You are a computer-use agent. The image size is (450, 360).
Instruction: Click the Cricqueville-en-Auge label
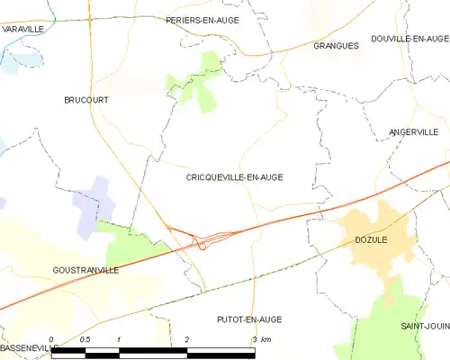click(234, 177)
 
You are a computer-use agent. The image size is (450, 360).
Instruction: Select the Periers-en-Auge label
click(201, 19)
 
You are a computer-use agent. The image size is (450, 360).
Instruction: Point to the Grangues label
click(336, 45)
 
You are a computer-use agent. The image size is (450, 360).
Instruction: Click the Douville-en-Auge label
click(409, 38)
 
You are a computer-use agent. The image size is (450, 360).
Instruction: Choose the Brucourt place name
click(85, 100)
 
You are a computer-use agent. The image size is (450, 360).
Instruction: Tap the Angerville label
click(413, 132)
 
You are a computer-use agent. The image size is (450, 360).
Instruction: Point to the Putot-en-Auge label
click(249, 319)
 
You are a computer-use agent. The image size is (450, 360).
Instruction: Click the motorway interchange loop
click(203, 242)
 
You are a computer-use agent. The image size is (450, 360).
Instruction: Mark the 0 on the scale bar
click(52, 340)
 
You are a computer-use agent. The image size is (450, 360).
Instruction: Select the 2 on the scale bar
click(186, 340)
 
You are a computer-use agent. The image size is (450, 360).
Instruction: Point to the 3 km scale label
click(261, 340)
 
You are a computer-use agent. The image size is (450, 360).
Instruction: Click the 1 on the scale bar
click(119, 340)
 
